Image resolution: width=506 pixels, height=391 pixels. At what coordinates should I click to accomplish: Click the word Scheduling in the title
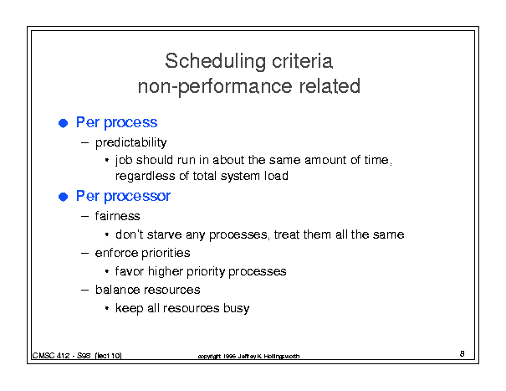(215, 61)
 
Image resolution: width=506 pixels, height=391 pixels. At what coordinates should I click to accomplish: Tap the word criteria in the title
(303, 61)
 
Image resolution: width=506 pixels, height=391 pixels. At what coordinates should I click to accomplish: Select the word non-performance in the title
(215, 87)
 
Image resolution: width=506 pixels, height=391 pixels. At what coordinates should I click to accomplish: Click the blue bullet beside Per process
(64, 123)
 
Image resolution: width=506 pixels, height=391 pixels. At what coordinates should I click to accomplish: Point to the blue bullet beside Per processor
(64, 197)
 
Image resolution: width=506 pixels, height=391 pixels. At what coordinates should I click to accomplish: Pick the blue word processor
(137, 197)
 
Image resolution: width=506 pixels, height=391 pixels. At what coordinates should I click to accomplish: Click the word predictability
(130, 142)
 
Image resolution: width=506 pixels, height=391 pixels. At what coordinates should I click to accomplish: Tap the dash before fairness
(84, 216)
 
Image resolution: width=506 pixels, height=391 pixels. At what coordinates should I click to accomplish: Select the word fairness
(117, 215)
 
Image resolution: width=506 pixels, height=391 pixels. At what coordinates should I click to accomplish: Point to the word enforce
(116, 253)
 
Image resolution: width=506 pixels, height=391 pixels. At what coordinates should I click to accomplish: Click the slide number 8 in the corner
(463, 353)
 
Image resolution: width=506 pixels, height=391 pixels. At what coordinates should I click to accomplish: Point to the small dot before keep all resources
(107, 308)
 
